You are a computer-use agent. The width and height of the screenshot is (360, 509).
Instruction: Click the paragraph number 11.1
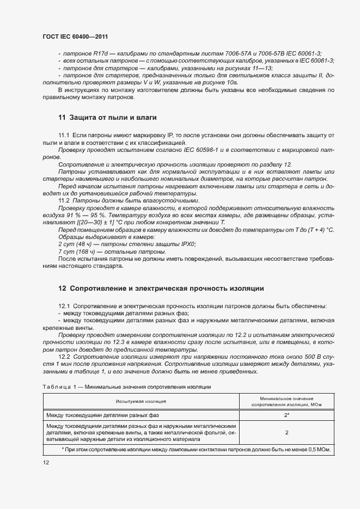[64, 134]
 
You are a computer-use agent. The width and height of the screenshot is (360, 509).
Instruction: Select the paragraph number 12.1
[64, 306]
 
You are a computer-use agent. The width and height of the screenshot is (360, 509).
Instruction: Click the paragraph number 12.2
[64, 355]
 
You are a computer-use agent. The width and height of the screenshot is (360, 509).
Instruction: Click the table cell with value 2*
[286, 415]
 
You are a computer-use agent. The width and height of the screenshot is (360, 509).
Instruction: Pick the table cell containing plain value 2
[286, 432]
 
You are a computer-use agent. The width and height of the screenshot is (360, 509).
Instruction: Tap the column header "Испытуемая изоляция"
[141, 401]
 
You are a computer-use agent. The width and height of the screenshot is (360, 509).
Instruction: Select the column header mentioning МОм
[286, 401]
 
